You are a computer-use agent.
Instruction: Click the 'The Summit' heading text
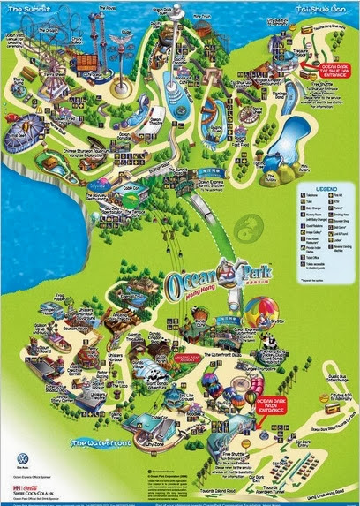[x=25, y=7]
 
